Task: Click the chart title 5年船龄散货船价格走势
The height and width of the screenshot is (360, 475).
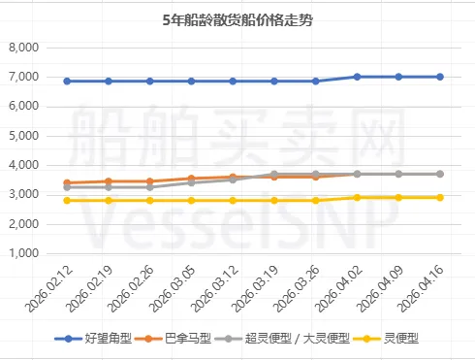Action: click(237, 17)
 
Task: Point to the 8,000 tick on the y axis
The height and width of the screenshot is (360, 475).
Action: click(23, 48)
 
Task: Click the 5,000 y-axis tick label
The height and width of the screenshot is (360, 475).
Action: click(23, 136)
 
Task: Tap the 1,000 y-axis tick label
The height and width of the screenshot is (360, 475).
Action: click(23, 254)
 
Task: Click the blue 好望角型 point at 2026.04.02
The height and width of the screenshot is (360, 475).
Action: click(357, 77)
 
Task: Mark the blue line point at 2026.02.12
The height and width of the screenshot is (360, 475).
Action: click(67, 82)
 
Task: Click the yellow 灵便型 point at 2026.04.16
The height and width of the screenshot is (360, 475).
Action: click(439, 197)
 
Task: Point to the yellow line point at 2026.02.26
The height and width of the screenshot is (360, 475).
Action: click(149, 201)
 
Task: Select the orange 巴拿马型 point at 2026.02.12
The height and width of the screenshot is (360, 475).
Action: click(67, 182)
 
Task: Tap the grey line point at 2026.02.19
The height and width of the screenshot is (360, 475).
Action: click(109, 186)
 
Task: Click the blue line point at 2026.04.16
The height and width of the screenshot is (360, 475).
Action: click(439, 77)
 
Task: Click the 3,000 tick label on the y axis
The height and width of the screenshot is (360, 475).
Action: click(23, 195)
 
